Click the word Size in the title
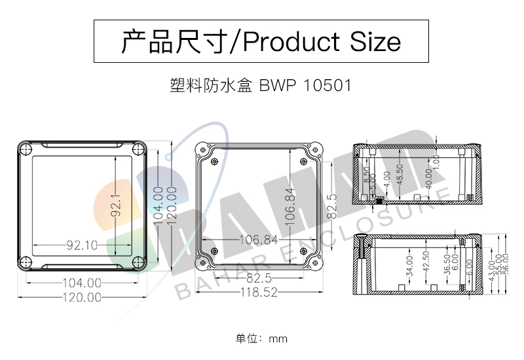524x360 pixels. click(375, 42)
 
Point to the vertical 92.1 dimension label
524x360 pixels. click(115, 205)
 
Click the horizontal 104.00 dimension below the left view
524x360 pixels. click(81, 283)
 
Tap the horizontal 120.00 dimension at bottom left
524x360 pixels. click(81, 297)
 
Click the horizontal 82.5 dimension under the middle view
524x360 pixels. click(259, 279)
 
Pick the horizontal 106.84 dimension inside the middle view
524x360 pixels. click(257, 240)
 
